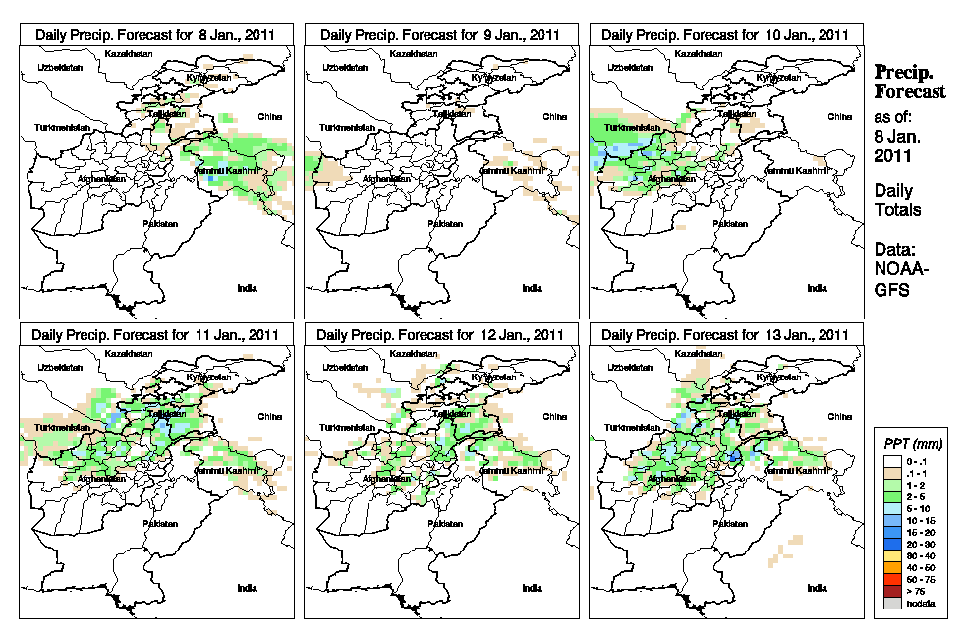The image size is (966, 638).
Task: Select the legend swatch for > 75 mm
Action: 891,591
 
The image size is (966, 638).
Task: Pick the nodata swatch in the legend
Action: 891,603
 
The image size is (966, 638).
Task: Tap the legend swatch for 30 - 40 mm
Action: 891,555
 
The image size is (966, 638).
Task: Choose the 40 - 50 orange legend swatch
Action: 891,567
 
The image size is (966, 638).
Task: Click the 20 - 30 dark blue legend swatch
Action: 891,544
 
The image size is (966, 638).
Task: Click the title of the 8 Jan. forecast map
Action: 156,34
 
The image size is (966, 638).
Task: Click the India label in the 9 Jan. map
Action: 532,288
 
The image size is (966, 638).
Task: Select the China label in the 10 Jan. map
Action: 839,116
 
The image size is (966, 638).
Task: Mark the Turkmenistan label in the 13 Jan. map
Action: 629,429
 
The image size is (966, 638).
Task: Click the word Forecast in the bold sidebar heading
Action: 910,91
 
